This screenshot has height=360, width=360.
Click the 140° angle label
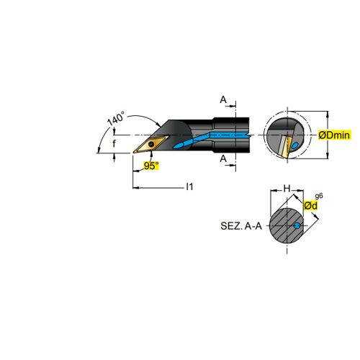pyautogui.click(x=116, y=118)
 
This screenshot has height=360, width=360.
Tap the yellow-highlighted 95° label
pyautogui.click(x=151, y=166)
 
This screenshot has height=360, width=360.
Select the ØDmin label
pyautogui.click(x=334, y=135)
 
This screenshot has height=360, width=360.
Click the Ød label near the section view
pyautogui.click(x=310, y=205)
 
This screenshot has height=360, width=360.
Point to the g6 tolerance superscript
pyautogui.click(x=319, y=196)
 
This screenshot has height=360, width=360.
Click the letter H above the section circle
pyautogui.click(x=287, y=189)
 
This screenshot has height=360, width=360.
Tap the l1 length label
pyautogui.click(x=189, y=186)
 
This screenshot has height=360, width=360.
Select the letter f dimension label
pyautogui.click(x=114, y=143)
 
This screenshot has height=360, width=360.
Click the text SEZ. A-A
pyautogui.click(x=241, y=226)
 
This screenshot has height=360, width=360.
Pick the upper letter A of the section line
pyautogui.click(x=223, y=99)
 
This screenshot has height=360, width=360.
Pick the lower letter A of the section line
pyautogui.click(x=223, y=158)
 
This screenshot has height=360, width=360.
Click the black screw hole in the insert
pyautogui.click(x=151, y=144)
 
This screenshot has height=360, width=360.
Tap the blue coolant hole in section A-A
pyautogui.click(x=297, y=225)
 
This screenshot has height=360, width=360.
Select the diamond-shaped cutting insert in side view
pyautogui.click(x=151, y=144)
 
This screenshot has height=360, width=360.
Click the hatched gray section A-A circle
pyautogui.click(x=287, y=226)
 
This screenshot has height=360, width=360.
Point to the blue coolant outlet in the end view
pyautogui.click(x=294, y=145)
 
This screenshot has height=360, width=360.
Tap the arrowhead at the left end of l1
pyautogui.click(x=135, y=188)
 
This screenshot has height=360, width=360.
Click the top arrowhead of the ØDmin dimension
pyautogui.click(x=328, y=114)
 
